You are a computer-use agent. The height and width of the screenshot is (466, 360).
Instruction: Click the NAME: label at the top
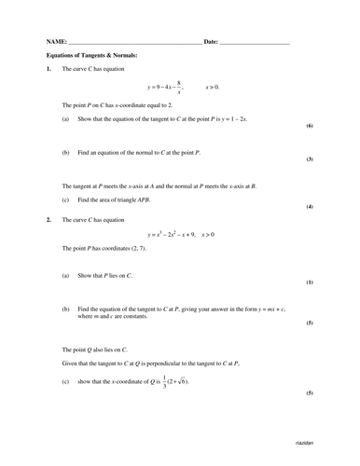tap(55, 42)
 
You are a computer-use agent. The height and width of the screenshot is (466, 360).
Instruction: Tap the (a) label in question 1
tap(65, 120)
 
